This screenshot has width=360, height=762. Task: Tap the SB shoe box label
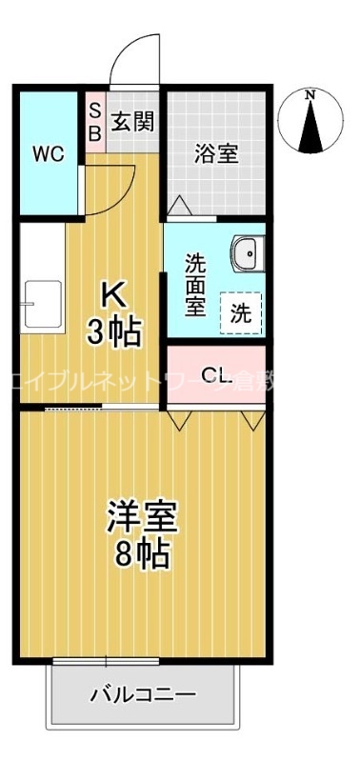click(94, 122)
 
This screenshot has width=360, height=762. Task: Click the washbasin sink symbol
click(247, 253)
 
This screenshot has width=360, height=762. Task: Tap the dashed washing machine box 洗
click(242, 314)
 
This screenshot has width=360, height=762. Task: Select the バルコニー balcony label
click(143, 694)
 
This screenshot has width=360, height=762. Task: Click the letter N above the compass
click(310, 94)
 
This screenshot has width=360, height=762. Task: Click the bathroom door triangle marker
click(179, 206)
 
